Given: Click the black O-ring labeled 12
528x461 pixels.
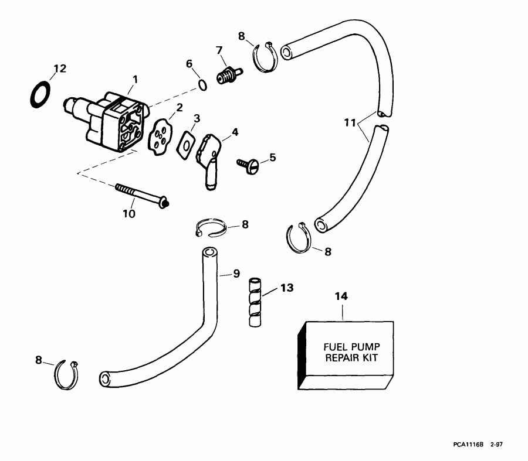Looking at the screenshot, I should pos(40,94).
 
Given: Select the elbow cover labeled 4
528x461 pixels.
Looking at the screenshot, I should pos(208,155).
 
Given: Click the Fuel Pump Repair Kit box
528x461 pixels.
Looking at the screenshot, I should pos(346,356).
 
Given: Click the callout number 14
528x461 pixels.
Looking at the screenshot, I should pos(341,296).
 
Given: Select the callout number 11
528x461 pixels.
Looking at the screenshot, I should pos(350,122).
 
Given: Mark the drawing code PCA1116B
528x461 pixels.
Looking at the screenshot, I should pos(467,446).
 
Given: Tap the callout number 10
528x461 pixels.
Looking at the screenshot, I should pos(128,214).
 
